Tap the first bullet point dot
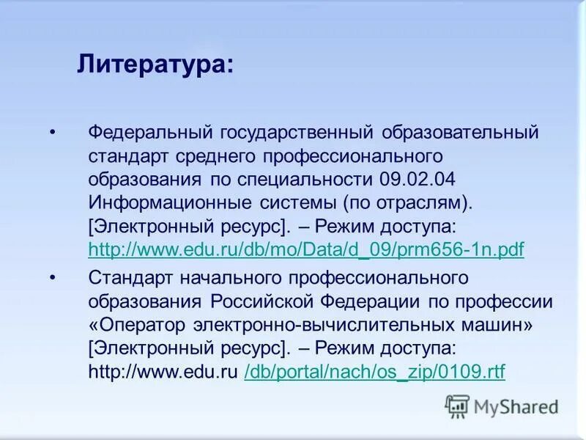click(52, 133)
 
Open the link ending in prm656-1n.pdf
click(306, 249)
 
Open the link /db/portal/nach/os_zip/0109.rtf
click(374, 372)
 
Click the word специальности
click(317, 179)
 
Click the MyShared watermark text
click(516, 406)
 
